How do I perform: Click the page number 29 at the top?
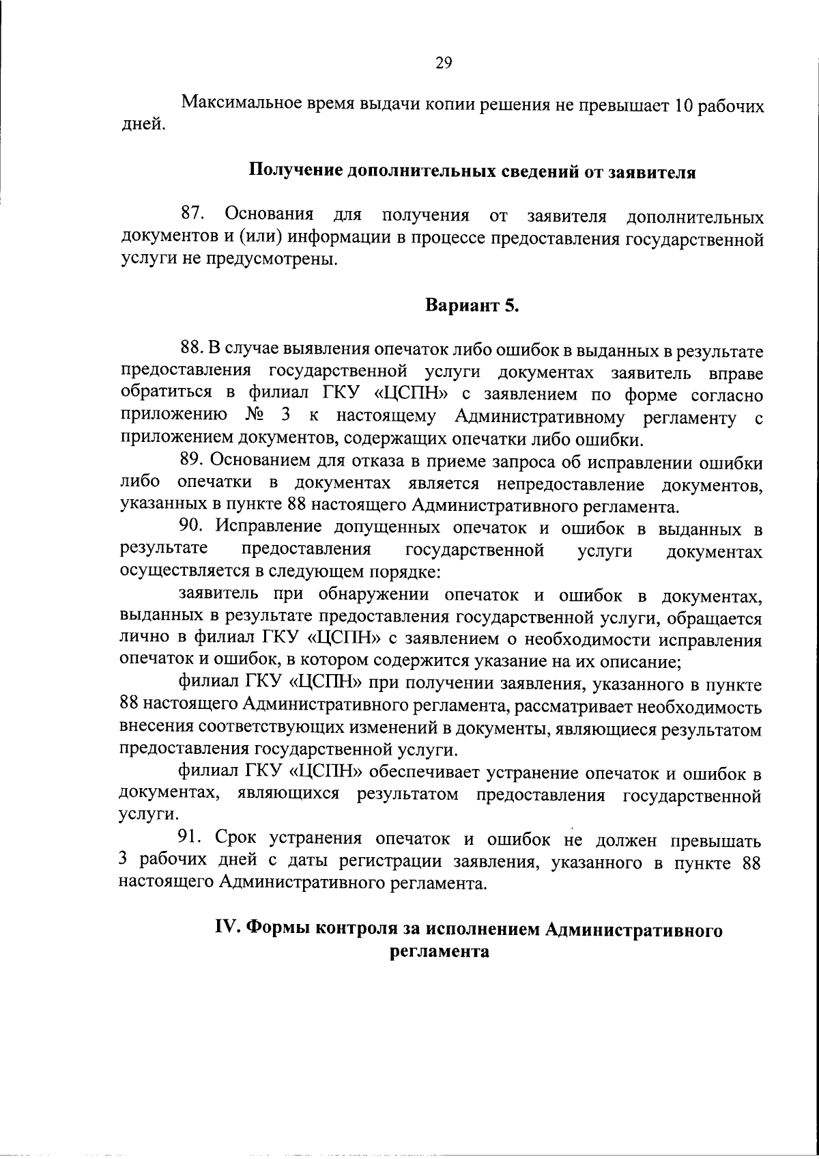click(x=443, y=64)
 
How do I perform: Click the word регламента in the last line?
click(x=440, y=951)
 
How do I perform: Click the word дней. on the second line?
click(x=141, y=126)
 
